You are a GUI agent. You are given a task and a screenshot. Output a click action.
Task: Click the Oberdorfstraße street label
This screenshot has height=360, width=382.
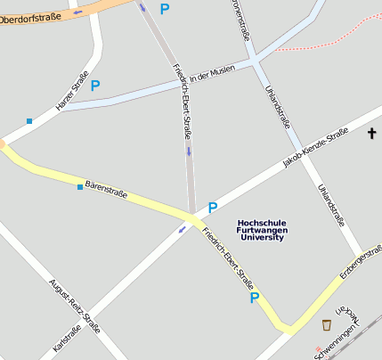(32, 15)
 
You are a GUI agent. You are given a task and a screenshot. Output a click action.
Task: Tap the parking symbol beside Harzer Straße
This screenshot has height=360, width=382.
(95, 86)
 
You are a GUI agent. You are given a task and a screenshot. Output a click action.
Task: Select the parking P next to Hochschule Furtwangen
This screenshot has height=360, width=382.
(213, 208)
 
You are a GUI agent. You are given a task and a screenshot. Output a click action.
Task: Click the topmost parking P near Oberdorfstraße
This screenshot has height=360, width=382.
(164, 8)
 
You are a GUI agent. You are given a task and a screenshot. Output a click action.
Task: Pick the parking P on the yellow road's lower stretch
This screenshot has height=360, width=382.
(254, 298)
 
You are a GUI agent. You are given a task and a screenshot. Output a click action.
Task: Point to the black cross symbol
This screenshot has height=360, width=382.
(371, 134)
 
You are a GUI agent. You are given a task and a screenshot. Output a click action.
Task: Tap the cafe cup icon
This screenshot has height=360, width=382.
(326, 324)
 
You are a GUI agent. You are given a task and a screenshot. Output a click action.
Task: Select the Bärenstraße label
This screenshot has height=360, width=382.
(106, 188)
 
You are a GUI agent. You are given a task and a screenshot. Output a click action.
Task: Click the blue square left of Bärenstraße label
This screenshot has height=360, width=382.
(80, 187)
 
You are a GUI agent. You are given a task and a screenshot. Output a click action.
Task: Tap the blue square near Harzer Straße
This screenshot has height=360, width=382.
(29, 120)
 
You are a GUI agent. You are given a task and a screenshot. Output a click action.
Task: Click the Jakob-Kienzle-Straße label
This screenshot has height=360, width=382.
(314, 148)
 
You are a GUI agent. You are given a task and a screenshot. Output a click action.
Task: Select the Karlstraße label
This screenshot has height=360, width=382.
(67, 339)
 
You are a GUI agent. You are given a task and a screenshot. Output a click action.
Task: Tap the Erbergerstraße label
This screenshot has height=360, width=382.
(360, 264)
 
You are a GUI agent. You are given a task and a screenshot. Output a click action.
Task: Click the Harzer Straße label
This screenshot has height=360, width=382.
(72, 93)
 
